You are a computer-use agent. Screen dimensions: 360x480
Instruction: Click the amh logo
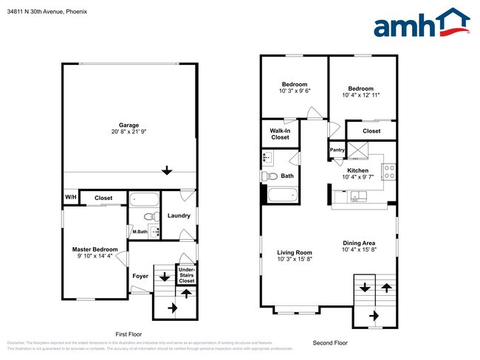(x=421, y=24)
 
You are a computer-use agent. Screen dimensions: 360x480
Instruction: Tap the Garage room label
(x=129, y=125)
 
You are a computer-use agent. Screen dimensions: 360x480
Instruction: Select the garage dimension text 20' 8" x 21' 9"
(x=129, y=132)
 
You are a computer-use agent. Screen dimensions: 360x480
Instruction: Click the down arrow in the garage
(x=168, y=170)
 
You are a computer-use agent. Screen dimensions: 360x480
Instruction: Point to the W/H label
(x=71, y=198)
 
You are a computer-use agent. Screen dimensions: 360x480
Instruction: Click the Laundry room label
(x=179, y=216)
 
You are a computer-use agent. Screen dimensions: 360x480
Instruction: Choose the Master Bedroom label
(x=95, y=249)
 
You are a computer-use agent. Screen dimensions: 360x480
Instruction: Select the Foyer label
(x=140, y=277)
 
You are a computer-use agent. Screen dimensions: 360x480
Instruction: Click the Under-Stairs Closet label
(x=187, y=275)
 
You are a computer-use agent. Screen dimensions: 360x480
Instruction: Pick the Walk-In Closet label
(x=280, y=134)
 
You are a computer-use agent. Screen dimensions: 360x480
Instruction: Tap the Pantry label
(x=337, y=150)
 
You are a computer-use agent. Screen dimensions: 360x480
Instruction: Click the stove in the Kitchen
(x=388, y=172)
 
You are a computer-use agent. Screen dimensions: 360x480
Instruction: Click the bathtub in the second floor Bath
(x=282, y=195)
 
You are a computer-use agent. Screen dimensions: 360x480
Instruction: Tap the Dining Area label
(x=359, y=243)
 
